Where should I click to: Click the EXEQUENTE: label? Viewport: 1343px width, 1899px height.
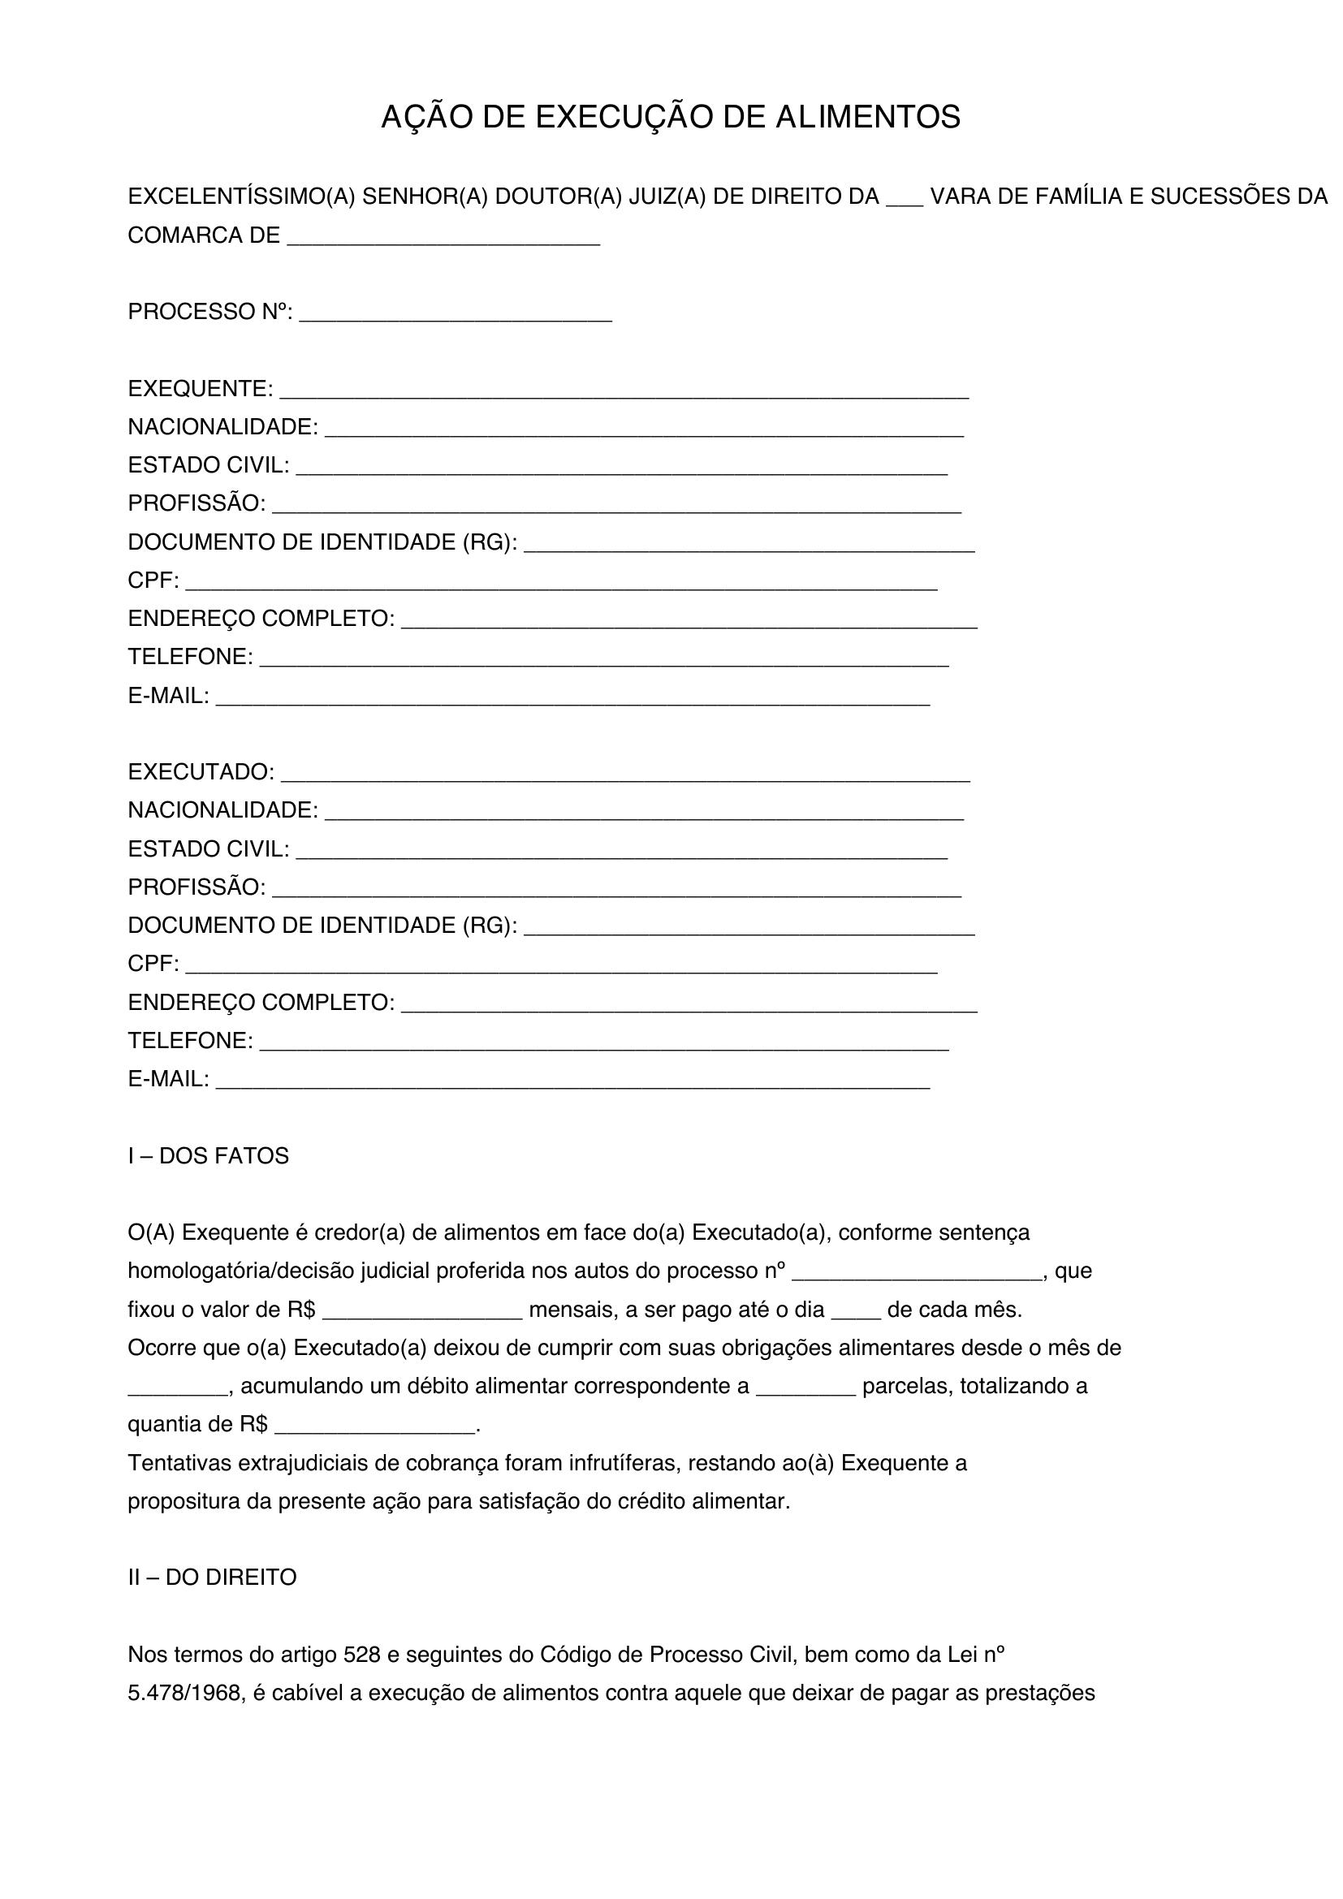[x=200, y=388]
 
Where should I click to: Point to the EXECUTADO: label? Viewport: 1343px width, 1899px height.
[x=201, y=771]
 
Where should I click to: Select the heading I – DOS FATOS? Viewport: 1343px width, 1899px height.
[x=209, y=1155]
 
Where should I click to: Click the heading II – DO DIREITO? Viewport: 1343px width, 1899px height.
[x=212, y=1577]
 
